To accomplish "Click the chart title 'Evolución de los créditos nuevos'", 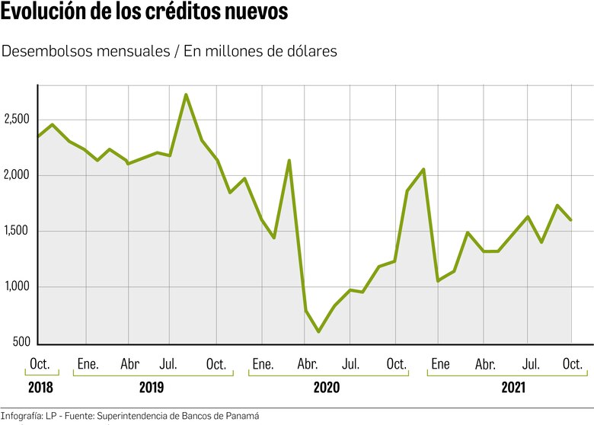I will pos(145,14).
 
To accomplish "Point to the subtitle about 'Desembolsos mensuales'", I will pos(169,51).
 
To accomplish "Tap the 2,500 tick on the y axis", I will pos(16,120).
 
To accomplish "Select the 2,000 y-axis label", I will pos(16,175).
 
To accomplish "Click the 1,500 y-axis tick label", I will pos(16,232).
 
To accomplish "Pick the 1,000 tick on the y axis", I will pos(16,287).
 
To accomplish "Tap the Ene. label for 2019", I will pos(88,363).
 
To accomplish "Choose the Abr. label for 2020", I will pos(308,363).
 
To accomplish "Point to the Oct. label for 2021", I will pos(572,363).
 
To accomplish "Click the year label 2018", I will pos(40,387).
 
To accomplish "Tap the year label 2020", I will pos(326,387).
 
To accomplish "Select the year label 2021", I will pos(513,387).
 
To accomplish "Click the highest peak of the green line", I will pos(187,94).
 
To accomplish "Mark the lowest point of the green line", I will pos(319,331).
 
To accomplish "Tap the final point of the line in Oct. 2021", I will pos(571,220).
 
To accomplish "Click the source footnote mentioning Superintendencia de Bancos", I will pos(129,416).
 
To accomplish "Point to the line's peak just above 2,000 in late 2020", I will pos(423,169).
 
